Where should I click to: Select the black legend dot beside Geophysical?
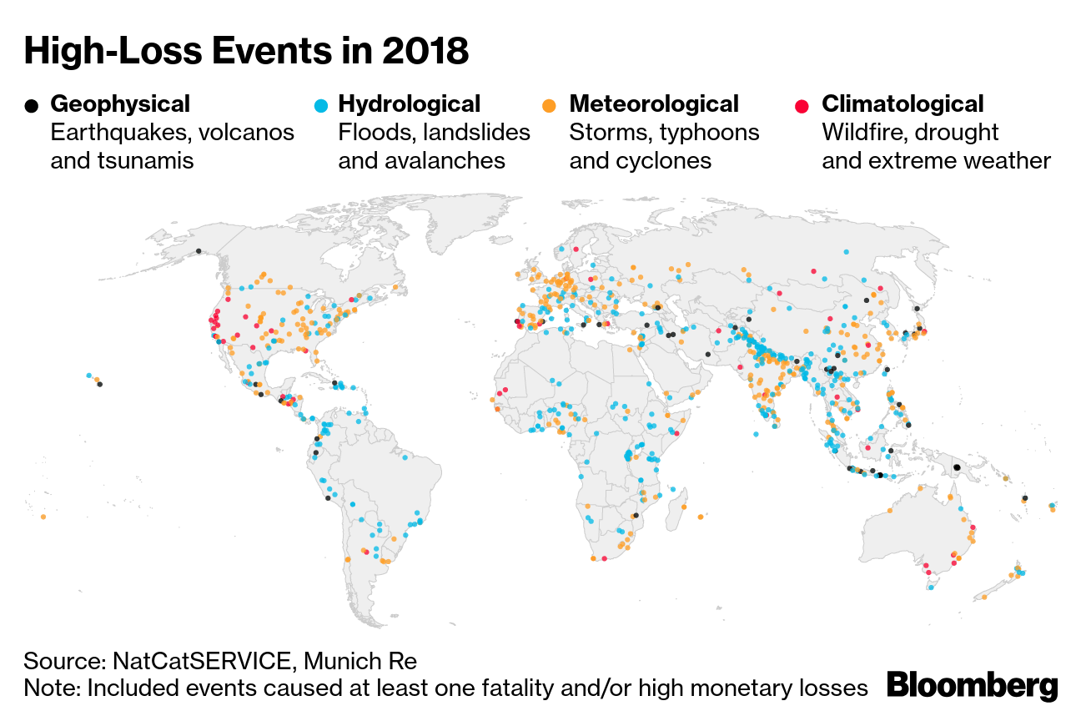pos(32,106)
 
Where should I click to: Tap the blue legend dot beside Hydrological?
pos(320,106)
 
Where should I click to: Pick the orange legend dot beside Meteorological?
pos(550,106)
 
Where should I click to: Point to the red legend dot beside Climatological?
pos(802,106)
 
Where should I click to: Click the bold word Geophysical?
pos(120,104)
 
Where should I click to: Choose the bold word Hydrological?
pos(409,104)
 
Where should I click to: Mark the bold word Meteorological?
pos(653,104)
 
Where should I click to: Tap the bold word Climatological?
pos(903,104)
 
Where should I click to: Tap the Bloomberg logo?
pos(973,686)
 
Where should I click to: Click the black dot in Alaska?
pos(199,250)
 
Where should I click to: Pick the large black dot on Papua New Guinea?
pos(958,467)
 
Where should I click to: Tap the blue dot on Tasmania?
pos(931,587)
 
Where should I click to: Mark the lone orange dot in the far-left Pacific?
pos(43,517)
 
